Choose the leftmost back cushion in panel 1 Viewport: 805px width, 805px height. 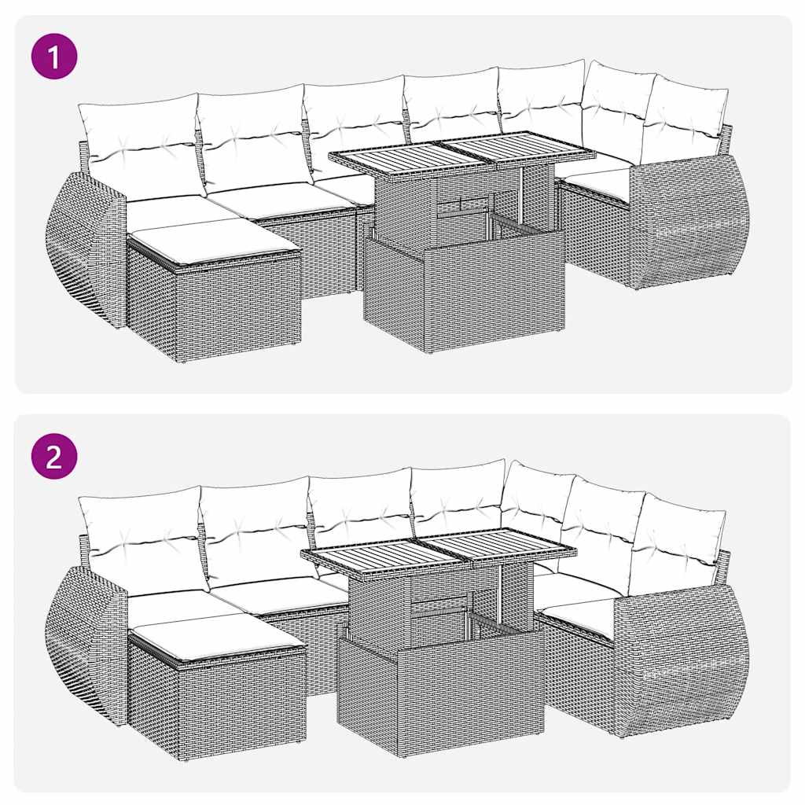coord(142,145)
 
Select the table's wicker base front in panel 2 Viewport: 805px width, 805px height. coord(440,696)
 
